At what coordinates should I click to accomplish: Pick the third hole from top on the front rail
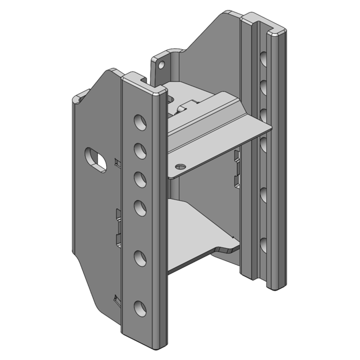141,178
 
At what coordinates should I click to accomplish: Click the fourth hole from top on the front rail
141,207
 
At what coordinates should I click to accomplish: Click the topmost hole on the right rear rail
262,58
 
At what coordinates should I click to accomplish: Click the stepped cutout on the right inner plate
236,171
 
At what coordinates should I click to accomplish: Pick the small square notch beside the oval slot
117,162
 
